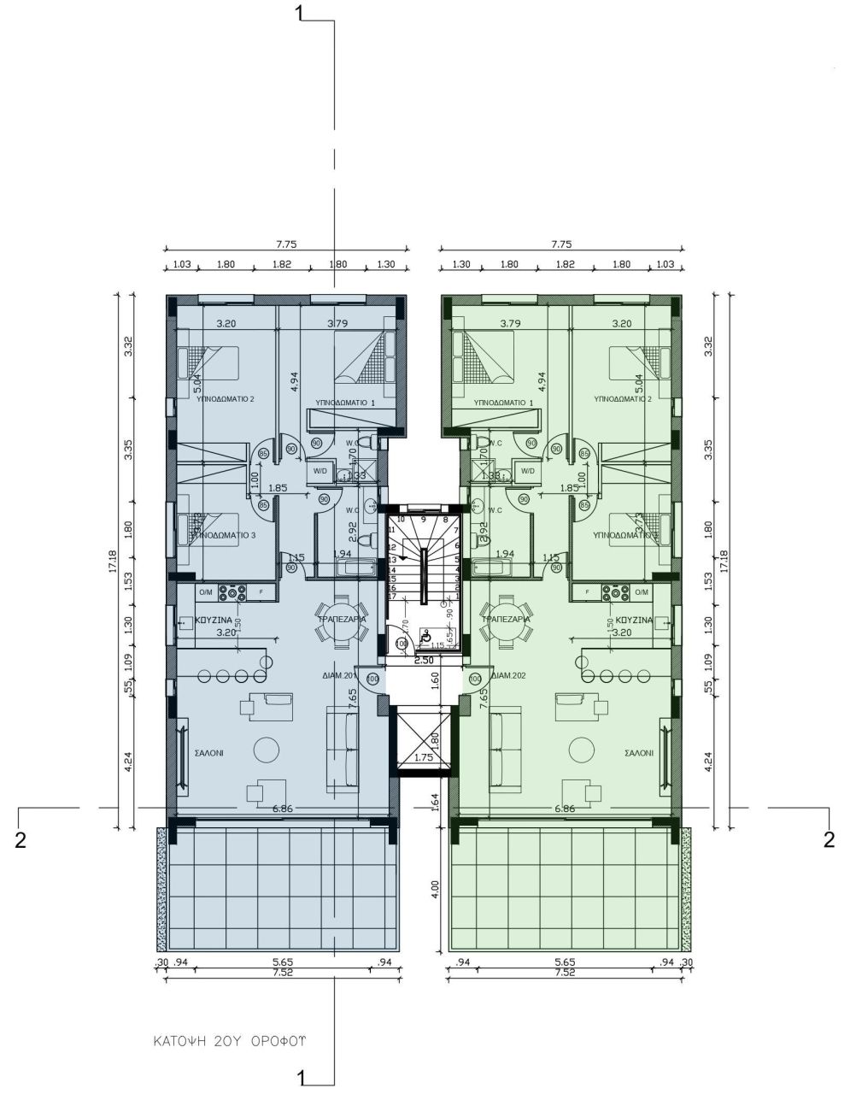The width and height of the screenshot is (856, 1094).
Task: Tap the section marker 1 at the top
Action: (x=298, y=12)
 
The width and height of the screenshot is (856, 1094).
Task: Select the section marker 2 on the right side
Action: (x=828, y=839)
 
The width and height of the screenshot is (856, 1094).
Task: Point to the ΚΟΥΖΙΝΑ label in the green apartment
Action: (x=634, y=620)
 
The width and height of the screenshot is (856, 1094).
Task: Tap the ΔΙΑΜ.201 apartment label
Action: (x=338, y=675)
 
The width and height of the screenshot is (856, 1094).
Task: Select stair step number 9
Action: (x=423, y=519)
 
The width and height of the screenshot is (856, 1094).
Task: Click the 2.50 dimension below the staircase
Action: (x=423, y=660)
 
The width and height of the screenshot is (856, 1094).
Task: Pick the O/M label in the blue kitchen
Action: (x=206, y=591)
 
